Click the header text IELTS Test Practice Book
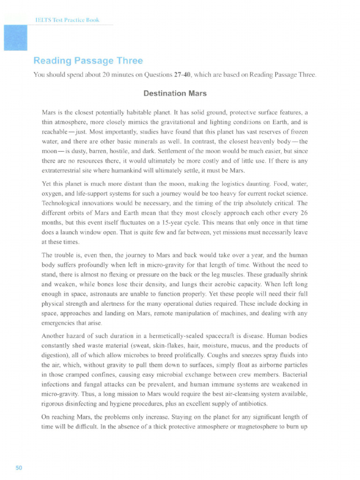(x=67, y=20)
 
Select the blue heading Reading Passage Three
(x=88, y=61)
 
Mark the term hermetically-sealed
(x=180, y=336)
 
